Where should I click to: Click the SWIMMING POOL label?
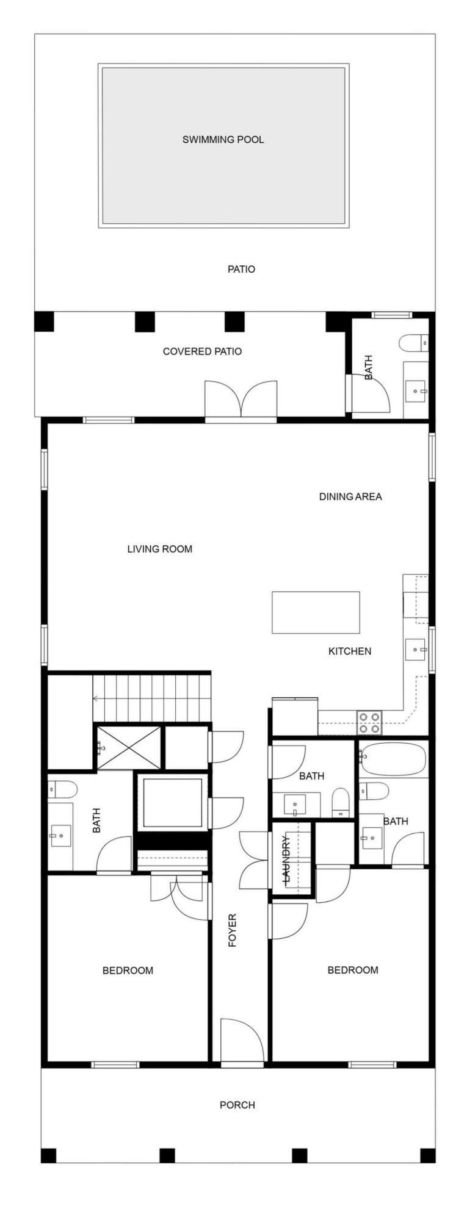click(x=223, y=140)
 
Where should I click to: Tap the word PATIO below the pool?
click(x=241, y=269)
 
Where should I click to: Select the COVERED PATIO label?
click(x=202, y=351)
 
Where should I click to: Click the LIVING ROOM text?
click(x=159, y=549)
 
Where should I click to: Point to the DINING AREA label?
click(x=350, y=497)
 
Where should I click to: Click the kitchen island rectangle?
click(x=316, y=612)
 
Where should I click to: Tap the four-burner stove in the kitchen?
click(x=369, y=722)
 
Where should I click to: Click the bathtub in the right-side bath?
click(x=392, y=759)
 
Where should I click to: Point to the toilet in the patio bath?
click(x=412, y=343)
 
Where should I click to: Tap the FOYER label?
click(x=232, y=930)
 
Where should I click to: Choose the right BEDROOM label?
click(x=353, y=970)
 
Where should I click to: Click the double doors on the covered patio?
click(x=241, y=400)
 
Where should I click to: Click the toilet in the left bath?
click(x=62, y=789)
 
